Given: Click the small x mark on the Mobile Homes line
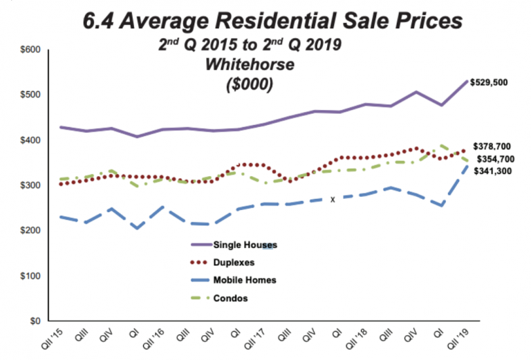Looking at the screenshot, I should [x=333, y=199].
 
